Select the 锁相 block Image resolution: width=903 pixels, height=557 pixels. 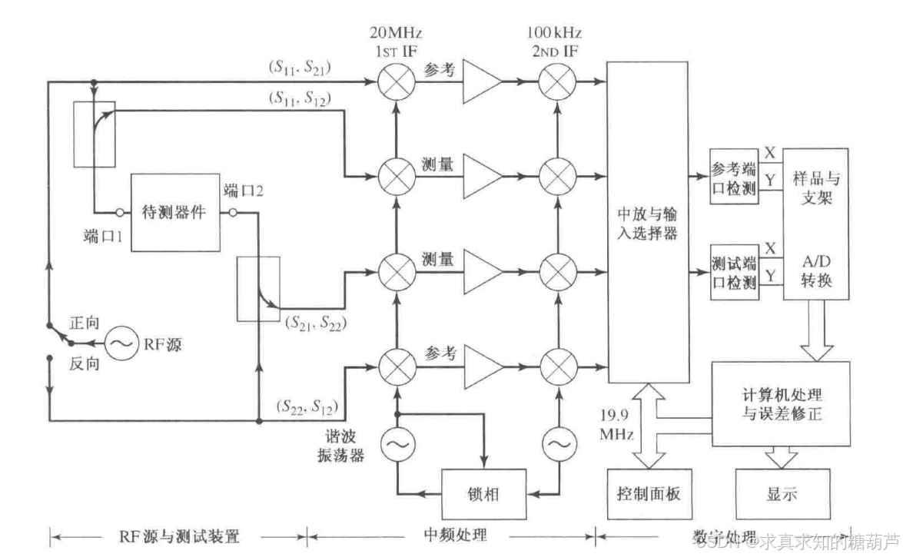(483, 493)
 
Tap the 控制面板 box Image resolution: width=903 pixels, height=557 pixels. (649, 493)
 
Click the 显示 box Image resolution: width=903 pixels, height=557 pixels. (781, 493)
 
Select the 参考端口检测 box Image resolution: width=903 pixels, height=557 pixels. (734, 176)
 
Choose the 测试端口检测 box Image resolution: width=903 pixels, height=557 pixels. (734, 274)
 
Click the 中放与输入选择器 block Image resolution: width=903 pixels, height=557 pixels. (648, 223)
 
